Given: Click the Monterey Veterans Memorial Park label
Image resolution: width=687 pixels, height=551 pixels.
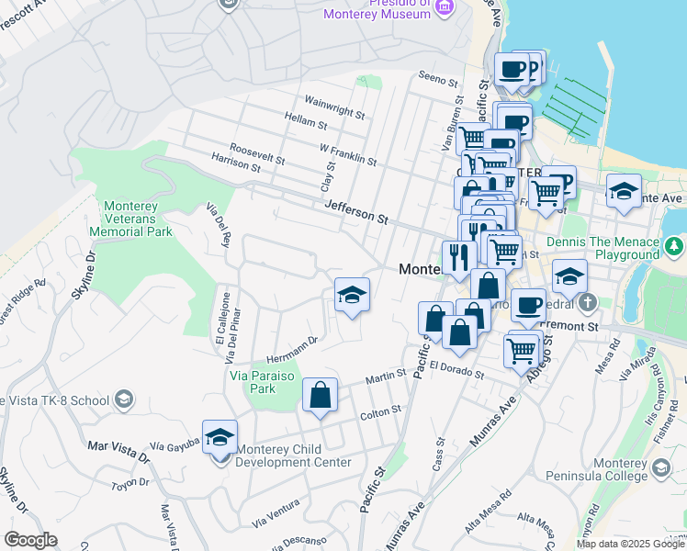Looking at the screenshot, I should (131, 219).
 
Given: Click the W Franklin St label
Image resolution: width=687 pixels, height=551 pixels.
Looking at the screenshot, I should (348, 153).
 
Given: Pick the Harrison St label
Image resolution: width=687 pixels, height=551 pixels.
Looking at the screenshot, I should (230, 163).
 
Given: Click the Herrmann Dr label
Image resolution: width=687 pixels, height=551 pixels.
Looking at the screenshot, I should (291, 341).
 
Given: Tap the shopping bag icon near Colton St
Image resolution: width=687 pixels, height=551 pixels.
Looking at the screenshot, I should (320, 396).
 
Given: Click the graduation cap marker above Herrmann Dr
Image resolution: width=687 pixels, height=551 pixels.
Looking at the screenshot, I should (352, 296).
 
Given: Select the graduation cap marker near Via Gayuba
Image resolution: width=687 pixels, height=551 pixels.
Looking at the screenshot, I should (220, 438).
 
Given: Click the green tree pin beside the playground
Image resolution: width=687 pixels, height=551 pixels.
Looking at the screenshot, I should (675, 246).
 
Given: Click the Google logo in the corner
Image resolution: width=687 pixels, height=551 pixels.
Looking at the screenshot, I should (30, 540).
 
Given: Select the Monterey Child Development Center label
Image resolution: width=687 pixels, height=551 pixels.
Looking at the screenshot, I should (294, 455).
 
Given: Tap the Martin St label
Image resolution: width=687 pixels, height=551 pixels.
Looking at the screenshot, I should (386, 376).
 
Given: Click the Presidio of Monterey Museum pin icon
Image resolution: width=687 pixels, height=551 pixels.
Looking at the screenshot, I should (445, 7).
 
